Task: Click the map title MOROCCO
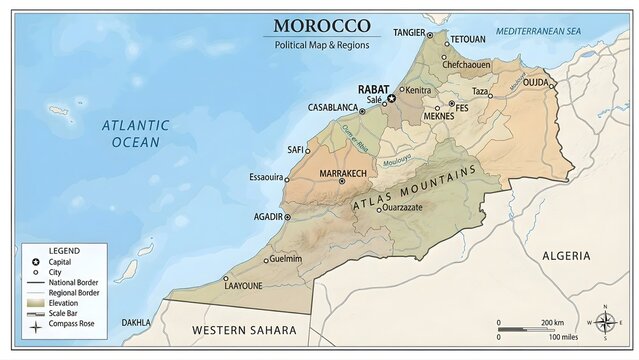point(321,26)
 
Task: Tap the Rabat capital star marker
point(392,98)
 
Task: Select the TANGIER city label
point(408,33)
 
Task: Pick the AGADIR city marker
point(288,216)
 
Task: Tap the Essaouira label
point(267,177)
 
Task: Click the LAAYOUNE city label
point(243,286)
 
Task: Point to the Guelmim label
point(286,258)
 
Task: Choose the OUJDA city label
point(536,82)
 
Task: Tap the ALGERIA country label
point(565,256)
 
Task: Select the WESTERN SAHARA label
point(244,329)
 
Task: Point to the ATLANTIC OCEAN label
point(135,134)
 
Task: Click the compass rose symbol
point(605,322)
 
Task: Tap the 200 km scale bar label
point(552,323)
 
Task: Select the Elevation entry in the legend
point(63,302)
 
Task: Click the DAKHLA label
point(136,323)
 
